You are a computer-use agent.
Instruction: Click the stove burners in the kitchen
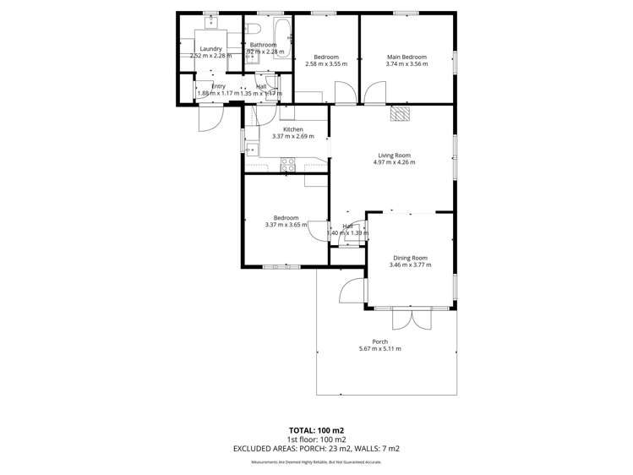click(287, 165)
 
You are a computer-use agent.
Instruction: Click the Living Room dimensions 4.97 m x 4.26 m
click(394, 163)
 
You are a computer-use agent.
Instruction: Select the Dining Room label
click(410, 257)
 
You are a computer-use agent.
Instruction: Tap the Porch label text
click(379, 341)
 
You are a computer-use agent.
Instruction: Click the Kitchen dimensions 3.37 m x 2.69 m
click(292, 136)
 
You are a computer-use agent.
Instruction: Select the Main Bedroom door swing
click(375, 92)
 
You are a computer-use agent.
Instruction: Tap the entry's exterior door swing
click(208, 119)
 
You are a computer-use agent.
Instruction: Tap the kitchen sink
click(251, 150)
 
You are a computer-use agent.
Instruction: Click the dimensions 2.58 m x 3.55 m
click(325, 63)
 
